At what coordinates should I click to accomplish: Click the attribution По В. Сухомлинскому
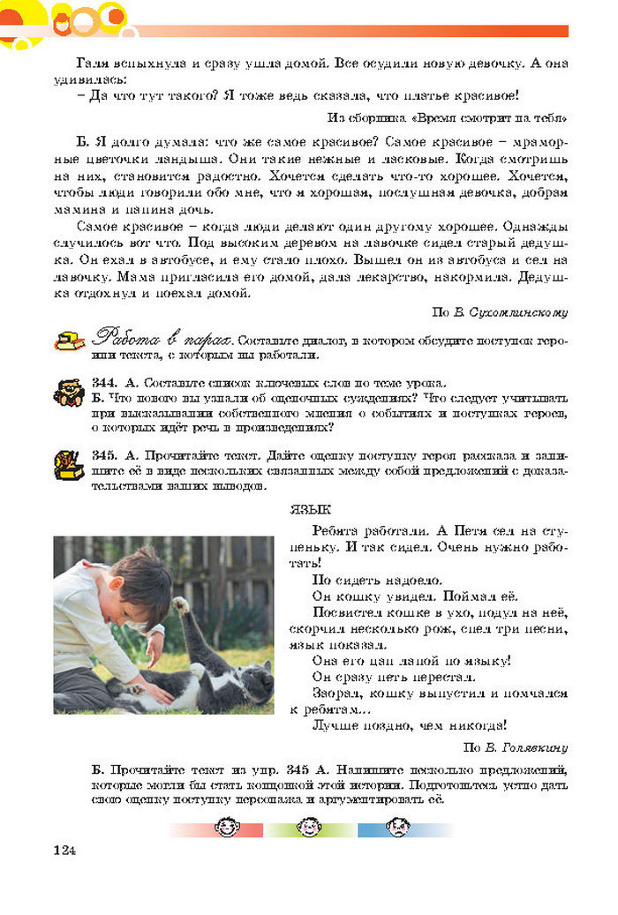[x=499, y=311]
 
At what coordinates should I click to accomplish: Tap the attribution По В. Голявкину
[x=516, y=746]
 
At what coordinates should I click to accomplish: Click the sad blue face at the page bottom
[x=396, y=829]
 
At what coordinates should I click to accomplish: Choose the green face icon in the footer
[x=308, y=829]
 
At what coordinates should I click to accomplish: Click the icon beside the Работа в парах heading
[x=70, y=340]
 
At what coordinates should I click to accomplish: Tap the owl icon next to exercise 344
[x=70, y=393]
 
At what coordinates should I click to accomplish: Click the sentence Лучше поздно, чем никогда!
[x=409, y=726]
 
